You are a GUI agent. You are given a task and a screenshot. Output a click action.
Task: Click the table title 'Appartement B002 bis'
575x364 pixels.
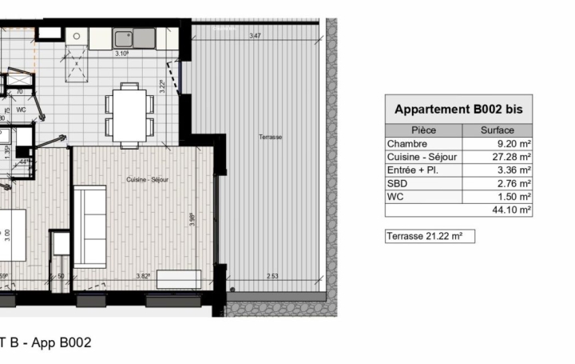point(458,110)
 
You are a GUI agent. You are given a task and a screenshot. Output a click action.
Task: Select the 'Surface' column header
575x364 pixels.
point(497,130)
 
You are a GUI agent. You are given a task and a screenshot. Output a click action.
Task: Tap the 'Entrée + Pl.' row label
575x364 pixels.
point(413,170)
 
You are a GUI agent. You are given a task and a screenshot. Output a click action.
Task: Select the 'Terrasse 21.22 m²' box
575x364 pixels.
point(430,236)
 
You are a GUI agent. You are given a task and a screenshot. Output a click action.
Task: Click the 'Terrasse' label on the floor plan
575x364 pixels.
point(270,137)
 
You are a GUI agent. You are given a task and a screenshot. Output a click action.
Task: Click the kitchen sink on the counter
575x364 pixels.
point(124,38)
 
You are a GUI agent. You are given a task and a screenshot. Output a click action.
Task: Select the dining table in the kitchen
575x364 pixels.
point(130,114)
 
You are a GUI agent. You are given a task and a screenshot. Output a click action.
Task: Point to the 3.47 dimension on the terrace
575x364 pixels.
point(255,36)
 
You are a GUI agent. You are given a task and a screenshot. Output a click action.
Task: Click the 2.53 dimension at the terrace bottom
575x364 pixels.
point(273,276)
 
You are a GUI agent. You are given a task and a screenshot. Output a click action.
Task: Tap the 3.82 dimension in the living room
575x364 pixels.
point(144,276)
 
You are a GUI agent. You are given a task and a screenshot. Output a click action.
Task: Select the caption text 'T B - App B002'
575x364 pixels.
point(45,342)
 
